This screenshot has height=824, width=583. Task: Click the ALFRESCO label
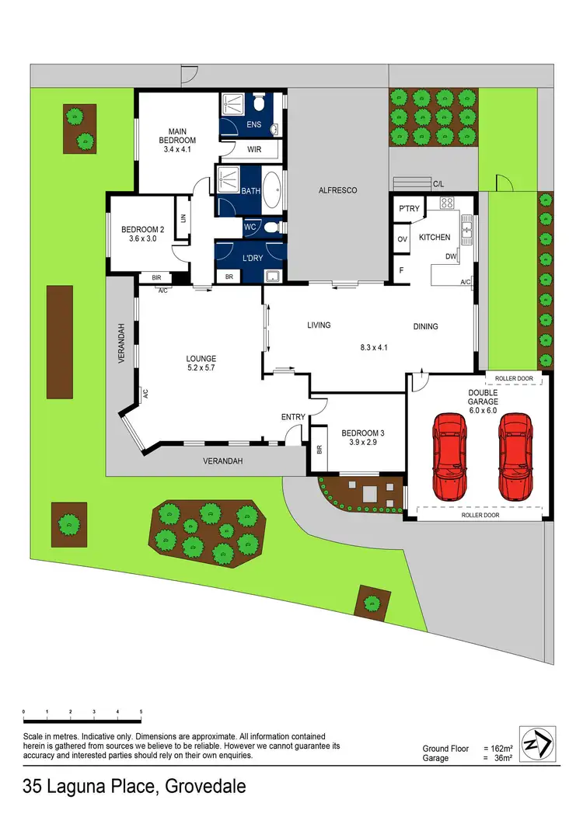click(x=338, y=190)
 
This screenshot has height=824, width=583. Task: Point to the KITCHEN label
click(x=435, y=236)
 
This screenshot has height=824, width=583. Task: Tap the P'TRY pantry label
click(x=409, y=210)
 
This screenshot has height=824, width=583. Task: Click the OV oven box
click(x=403, y=238)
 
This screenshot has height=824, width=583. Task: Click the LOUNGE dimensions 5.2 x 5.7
click(x=200, y=368)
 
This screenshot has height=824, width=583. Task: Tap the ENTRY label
click(x=293, y=417)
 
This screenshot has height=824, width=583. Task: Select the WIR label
click(x=254, y=149)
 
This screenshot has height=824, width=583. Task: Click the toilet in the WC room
click(x=269, y=228)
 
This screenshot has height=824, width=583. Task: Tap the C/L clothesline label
click(x=438, y=184)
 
